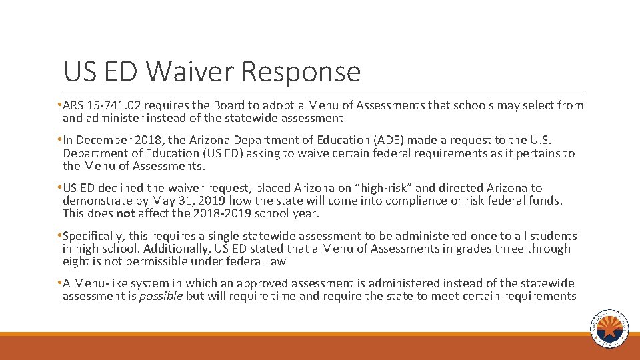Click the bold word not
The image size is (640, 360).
pos(125,213)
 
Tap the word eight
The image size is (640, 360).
pos(75,261)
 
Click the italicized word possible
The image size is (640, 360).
pos(161,296)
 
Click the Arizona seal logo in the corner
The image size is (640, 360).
pos(609,328)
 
